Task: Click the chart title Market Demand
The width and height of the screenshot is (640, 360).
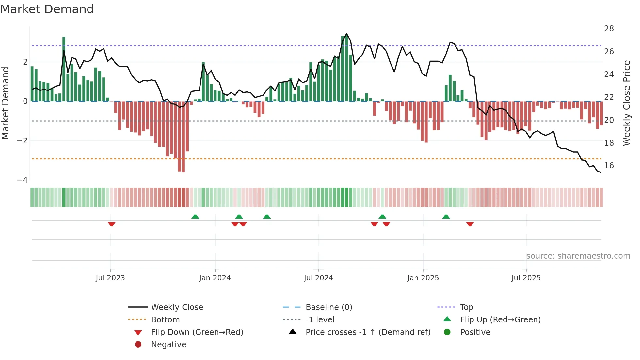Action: pyautogui.click(x=47, y=9)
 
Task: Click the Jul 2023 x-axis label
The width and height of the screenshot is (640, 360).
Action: pyautogui.click(x=110, y=278)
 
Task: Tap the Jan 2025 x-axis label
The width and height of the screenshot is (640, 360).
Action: pyautogui.click(x=423, y=278)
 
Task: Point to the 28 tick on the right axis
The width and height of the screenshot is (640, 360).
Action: pyautogui.click(x=609, y=29)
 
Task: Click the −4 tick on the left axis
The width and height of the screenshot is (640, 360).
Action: pyautogui.click(x=22, y=180)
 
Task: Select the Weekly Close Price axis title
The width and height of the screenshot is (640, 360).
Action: pyautogui.click(x=626, y=103)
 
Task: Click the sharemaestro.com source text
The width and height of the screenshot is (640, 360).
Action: pyautogui.click(x=578, y=256)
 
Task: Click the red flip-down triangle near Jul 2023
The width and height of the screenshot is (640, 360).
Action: pyautogui.click(x=112, y=224)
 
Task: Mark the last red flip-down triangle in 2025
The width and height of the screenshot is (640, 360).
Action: pyautogui.click(x=470, y=224)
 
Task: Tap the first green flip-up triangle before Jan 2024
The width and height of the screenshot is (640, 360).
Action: pyautogui.click(x=195, y=217)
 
